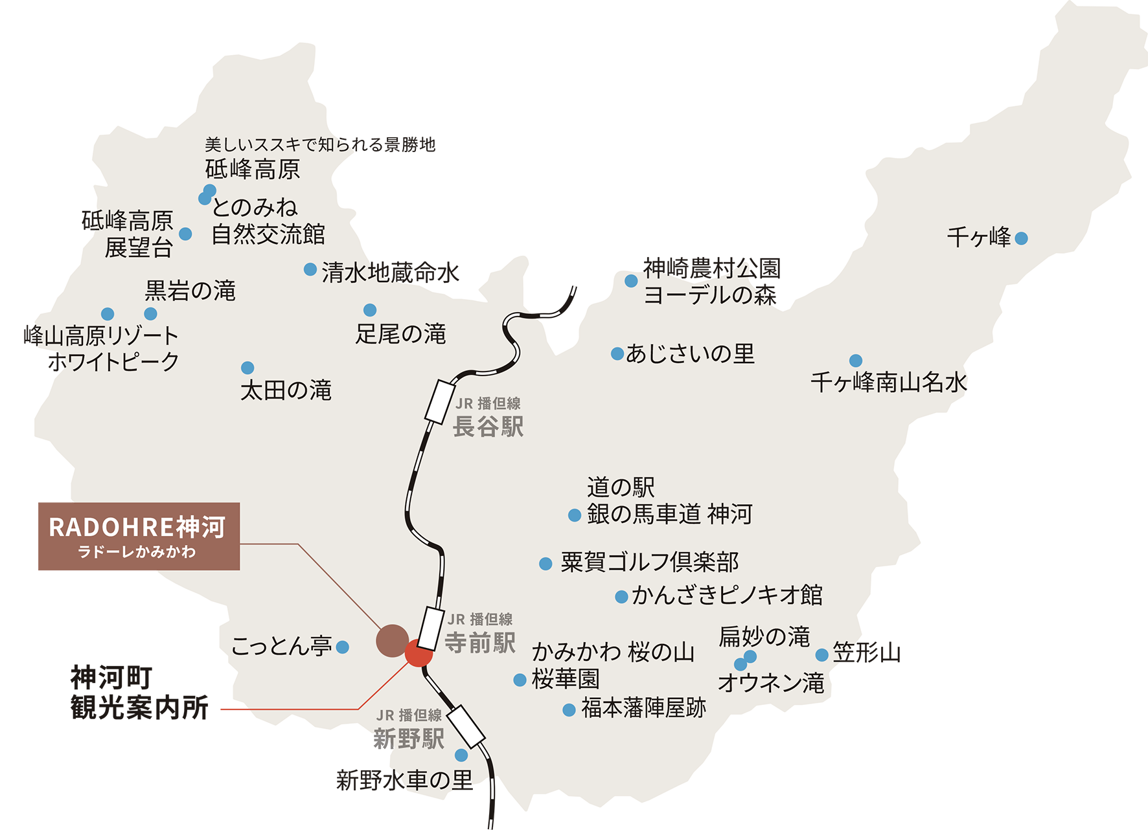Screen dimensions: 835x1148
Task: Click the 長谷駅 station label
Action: pyautogui.click(x=488, y=427)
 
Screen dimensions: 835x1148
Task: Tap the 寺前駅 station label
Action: pyautogui.click(x=480, y=643)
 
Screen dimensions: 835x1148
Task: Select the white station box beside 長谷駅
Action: pyautogui.click(x=441, y=402)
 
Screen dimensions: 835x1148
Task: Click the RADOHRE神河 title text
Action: pyautogui.click(x=137, y=528)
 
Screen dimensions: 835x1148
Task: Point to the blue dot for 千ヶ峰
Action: pyautogui.click(x=1022, y=238)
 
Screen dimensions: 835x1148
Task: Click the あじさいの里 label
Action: pyautogui.click(x=690, y=354)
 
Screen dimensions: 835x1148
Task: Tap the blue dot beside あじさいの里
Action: pyautogui.click(x=617, y=354)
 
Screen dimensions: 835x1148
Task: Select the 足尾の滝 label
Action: pyautogui.click(x=401, y=334)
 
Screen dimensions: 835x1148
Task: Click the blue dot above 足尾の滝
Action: pyautogui.click(x=370, y=310)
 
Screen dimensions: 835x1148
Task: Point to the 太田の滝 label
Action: pyautogui.click(x=286, y=390)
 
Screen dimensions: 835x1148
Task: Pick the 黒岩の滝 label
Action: pyautogui.click(x=190, y=291)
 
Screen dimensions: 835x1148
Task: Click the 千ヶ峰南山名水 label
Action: pyautogui.click(x=888, y=383)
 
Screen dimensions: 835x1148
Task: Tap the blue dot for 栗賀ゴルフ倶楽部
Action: pyautogui.click(x=546, y=564)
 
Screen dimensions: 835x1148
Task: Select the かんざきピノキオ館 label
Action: pyautogui.click(x=727, y=595)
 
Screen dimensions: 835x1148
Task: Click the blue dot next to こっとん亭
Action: pyautogui.click(x=343, y=647)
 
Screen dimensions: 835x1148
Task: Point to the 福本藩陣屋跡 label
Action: pyautogui.click(x=643, y=708)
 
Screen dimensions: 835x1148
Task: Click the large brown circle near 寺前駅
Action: pyautogui.click(x=392, y=641)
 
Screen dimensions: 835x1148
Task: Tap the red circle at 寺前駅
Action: pyautogui.click(x=418, y=654)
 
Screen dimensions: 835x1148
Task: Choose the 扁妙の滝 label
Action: pyautogui.click(x=764, y=637)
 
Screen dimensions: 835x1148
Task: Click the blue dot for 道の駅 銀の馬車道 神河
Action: pyautogui.click(x=575, y=515)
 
